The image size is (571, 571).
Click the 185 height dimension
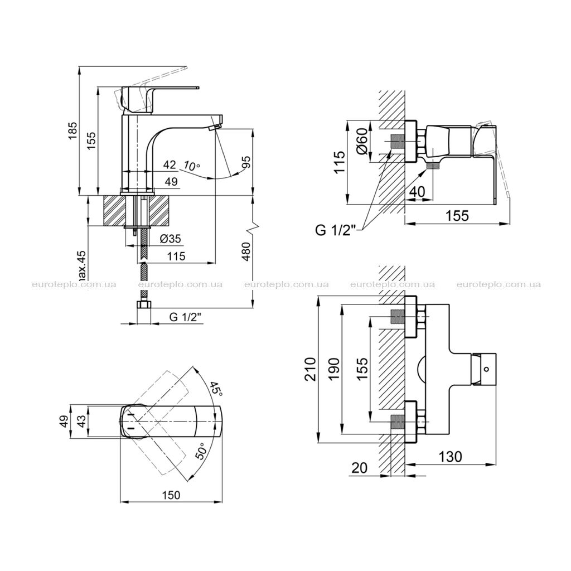pyautogui.click(x=73, y=130)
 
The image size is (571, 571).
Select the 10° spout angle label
pyautogui.click(x=192, y=166)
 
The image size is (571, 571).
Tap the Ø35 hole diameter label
pyautogui.click(x=171, y=239)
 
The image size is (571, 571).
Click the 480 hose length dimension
pyautogui.click(x=246, y=251)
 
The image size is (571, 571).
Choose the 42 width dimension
pyautogui.click(x=170, y=164)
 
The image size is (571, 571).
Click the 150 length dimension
pyautogui.click(x=171, y=495)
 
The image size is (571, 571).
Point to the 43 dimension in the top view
pyautogui.click(x=83, y=421)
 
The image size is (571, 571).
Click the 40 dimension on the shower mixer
pyautogui.click(x=417, y=192)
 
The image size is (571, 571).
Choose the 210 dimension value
pyautogui.click(x=311, y=369)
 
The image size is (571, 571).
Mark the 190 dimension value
pyautogui.click(x=335, y=369)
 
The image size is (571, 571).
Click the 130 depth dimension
pyautogui.click(x=451, y=456)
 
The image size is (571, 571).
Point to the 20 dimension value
pyautogui.click(x=360, y=468)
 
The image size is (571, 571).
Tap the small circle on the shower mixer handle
pyautogui.click(x=486, y=370)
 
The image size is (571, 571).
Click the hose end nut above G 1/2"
pyautogui.click(x=144, y=305)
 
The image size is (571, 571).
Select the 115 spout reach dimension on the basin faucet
pyautogui.click(x=176, y=256)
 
